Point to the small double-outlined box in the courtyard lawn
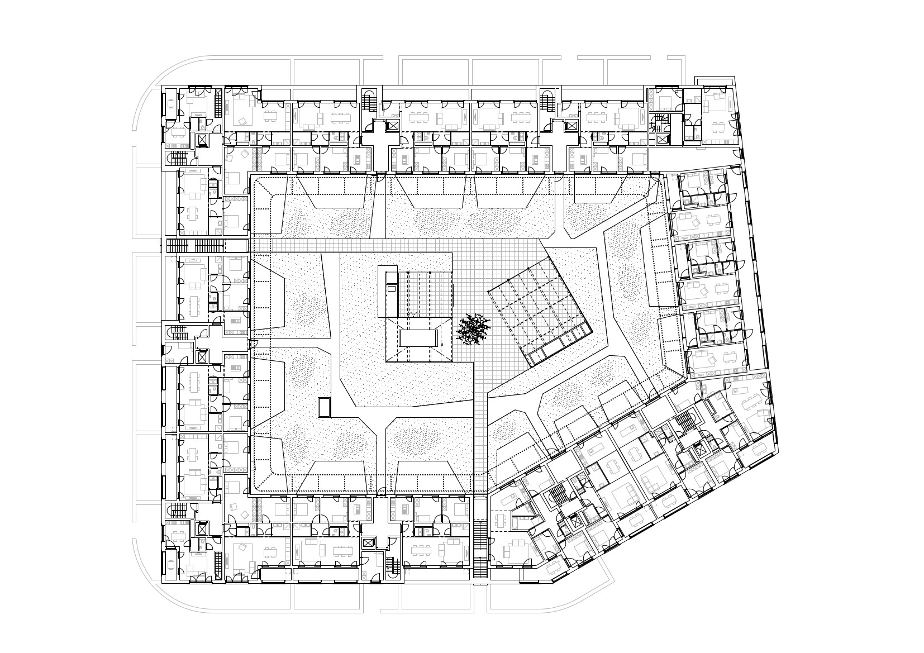click(324, 407)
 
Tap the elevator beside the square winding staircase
click(663, 140)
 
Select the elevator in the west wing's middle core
click(202, 356)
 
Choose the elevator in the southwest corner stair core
click(202, 528)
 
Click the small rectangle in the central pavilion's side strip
click(392, 288)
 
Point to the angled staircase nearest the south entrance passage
click(559, 494)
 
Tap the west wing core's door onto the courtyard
click(250, 344)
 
